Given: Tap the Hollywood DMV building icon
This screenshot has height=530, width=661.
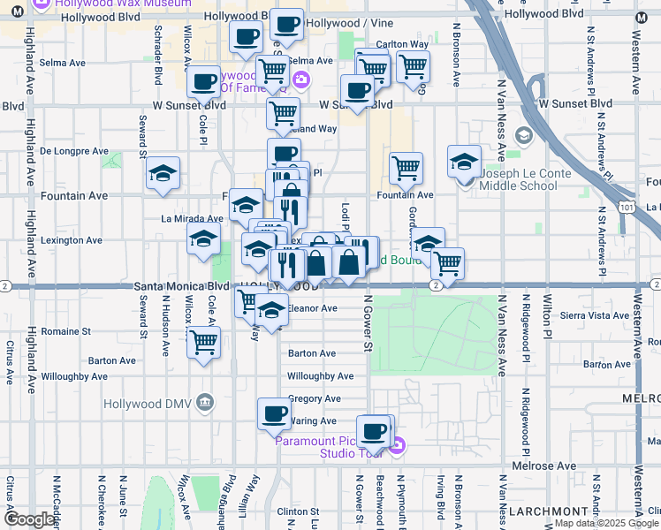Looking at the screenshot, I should coord(206,403).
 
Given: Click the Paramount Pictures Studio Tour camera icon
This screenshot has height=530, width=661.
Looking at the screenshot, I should coord(397,447).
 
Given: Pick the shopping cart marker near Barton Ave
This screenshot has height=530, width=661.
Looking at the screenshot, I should coord(204,341).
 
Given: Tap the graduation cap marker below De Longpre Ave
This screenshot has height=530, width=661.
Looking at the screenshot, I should coord(163,175).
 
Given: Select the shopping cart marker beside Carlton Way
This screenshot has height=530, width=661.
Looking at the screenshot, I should coord(413,67).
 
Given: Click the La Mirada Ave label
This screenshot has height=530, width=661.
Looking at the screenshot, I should coord(191,218).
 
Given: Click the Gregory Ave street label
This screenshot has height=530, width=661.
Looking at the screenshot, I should coord(314,398).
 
